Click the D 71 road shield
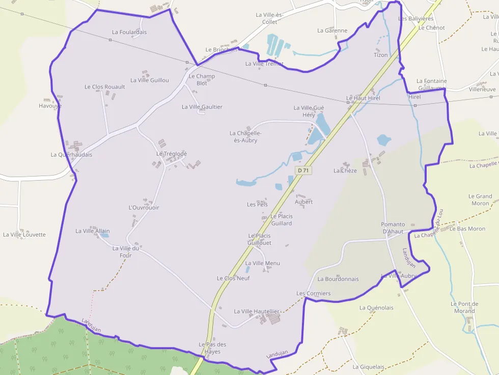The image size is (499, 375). click(x=303, y=170)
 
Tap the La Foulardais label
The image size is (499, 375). click(x=129, y=32)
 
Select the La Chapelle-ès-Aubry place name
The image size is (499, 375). click(x=246, y=137)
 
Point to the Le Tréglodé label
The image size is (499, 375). click(x=172, y=154)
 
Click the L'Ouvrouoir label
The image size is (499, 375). click(x=144, y=208)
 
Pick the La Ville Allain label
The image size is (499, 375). click(x=93, y=231)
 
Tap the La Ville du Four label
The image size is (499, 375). click(x=126, y=252)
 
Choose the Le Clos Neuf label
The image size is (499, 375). click(x=233, y=278)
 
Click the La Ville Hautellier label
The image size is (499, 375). click(x=257, y=311)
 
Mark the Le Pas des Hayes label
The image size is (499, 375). click(x=212, y=348)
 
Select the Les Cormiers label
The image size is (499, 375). click(x=314, y=294)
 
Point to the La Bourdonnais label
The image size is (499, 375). click(x=338, y=279)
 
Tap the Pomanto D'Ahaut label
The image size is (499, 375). click(x=393, y=228)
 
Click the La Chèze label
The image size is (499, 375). click(x=345, y=171)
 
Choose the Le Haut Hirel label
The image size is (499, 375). click(x=363, y=98)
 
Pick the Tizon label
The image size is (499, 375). click(x=381, y=55)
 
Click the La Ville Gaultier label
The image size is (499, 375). click(x=202, y=107)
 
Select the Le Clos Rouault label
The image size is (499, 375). click(x=105, y=87)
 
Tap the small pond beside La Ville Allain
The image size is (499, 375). click(x=104, y=236)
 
